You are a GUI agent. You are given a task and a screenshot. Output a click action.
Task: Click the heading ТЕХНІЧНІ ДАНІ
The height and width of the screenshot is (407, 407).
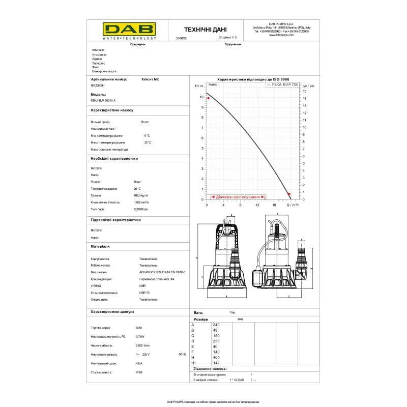[206, 30]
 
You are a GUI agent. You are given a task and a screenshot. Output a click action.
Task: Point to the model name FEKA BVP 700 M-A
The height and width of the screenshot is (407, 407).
[99, 101]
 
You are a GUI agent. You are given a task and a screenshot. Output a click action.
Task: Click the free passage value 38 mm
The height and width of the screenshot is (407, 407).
[144, 122]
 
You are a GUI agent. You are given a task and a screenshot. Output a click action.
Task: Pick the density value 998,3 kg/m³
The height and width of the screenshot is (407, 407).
[141, 195]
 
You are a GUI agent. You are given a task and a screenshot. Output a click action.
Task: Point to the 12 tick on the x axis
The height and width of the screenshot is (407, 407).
[257, 205]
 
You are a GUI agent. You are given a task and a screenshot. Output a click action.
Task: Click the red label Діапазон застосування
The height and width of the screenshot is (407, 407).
[238, 197]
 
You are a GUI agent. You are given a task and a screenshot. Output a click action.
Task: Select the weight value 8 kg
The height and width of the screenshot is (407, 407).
[232, 312]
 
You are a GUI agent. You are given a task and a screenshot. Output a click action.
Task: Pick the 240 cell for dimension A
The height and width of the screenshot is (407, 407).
[216, 324]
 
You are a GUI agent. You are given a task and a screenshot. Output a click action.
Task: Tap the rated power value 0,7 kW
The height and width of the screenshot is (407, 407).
[140, 337]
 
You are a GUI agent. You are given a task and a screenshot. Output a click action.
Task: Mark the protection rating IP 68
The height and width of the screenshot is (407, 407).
[139, 372]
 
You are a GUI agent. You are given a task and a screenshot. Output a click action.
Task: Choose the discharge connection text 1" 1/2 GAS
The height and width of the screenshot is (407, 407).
[237, 380]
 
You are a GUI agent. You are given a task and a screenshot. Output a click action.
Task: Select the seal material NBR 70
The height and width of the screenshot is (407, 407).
[143, 293]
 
